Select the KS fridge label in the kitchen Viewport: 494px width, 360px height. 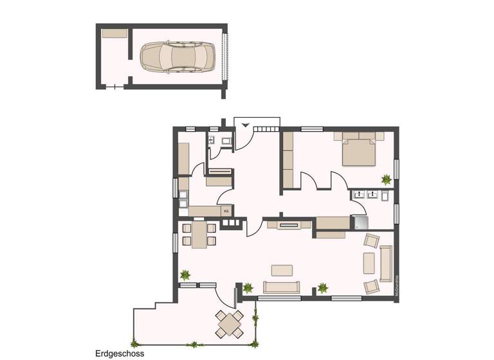[226, 210]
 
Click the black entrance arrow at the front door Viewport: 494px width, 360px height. [244, 125]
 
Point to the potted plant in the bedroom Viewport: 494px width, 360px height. [387, 179]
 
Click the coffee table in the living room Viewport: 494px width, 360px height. [281, 269]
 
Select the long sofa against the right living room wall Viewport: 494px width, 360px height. [386, 264]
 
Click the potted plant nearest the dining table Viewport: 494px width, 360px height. [185, 276]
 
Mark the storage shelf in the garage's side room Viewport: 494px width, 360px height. [114, 33]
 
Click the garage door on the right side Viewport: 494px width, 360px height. [224, 57]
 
